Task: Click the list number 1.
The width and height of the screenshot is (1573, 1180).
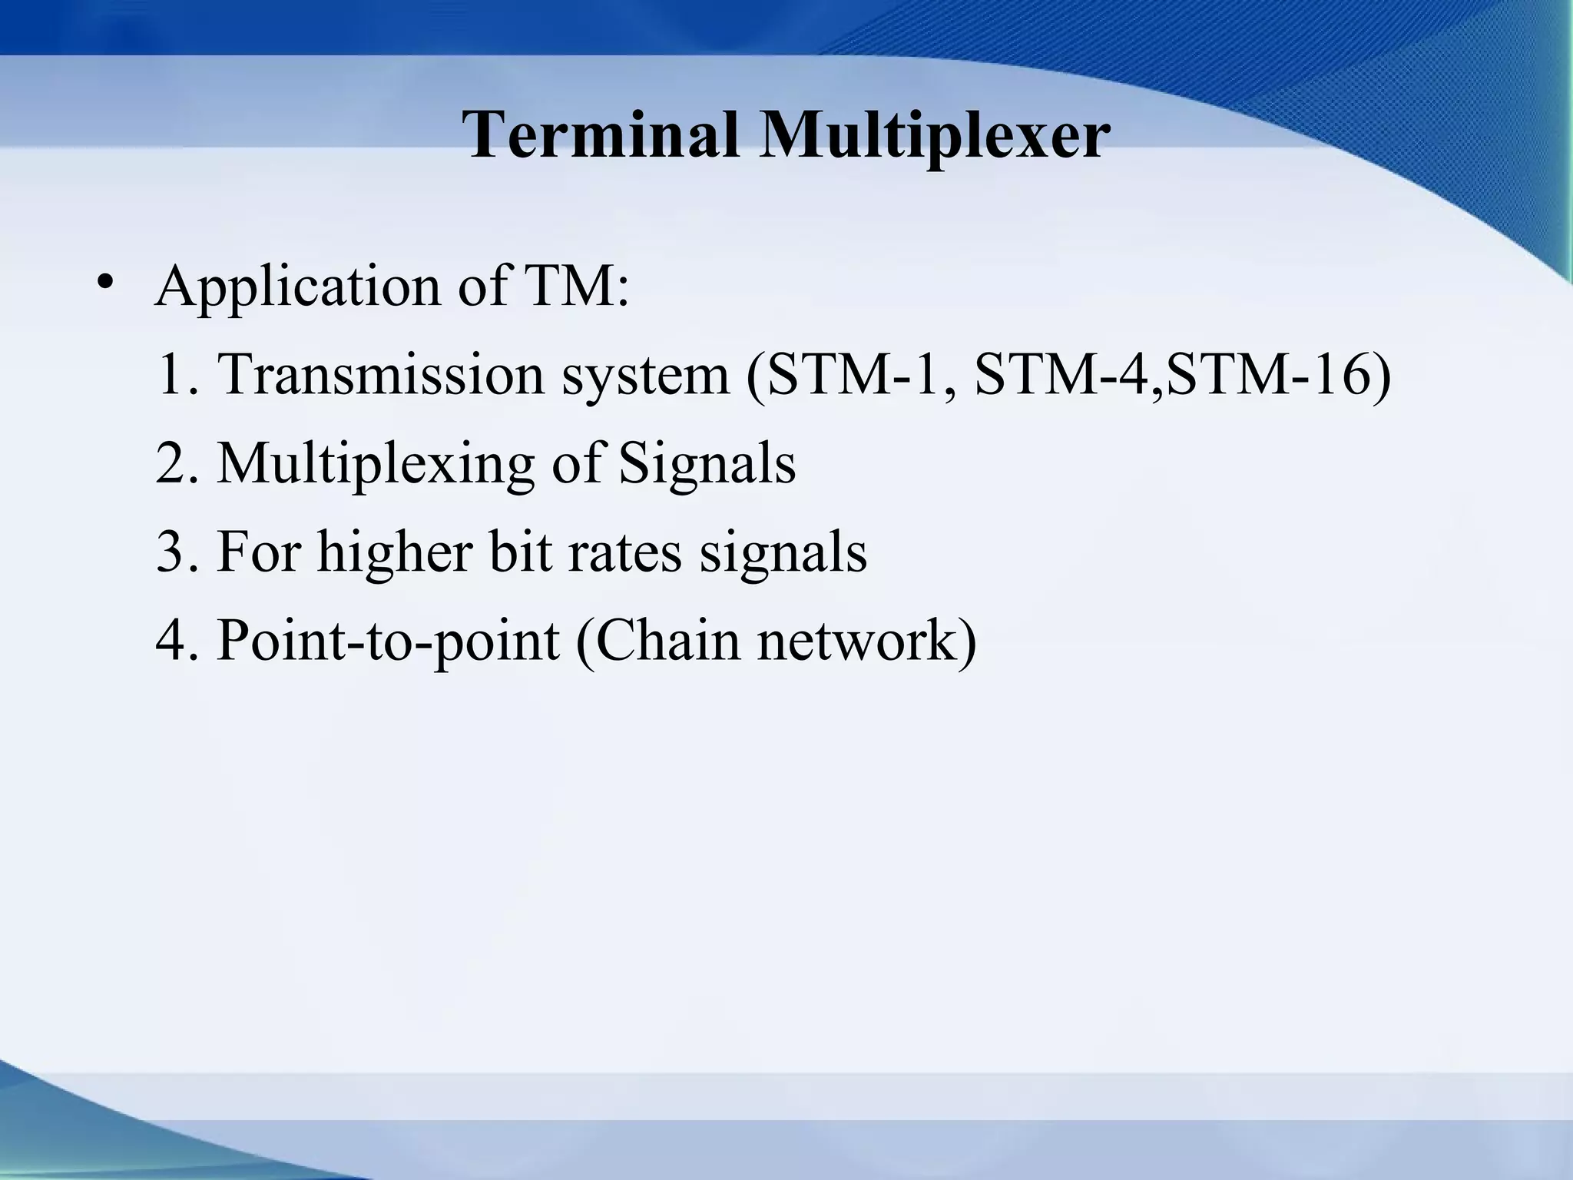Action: (x=174, y=375)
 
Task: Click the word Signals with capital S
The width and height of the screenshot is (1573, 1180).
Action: (x=707, y=464)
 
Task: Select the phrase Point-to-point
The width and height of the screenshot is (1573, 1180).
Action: (x=387, y=642)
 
